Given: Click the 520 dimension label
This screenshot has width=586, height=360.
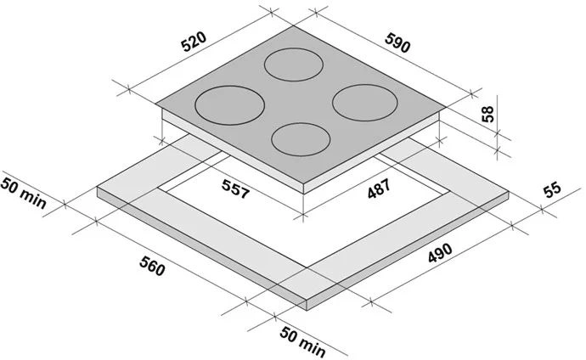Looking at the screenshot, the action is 194,41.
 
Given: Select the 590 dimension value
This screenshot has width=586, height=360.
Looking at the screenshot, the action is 398,42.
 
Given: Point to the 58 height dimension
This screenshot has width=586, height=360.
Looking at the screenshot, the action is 487,115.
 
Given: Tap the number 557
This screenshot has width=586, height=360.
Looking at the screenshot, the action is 235,188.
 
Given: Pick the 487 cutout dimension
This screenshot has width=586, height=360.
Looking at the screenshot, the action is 379,188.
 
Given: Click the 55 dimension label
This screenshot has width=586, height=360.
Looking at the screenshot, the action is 552,189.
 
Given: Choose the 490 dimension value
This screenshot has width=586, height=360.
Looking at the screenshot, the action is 440,253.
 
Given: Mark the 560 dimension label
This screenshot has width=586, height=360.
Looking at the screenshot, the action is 152,267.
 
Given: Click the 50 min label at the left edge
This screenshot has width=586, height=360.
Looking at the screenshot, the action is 23,194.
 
